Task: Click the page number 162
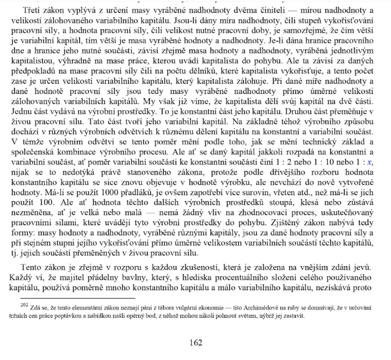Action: (x=195, y=343)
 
